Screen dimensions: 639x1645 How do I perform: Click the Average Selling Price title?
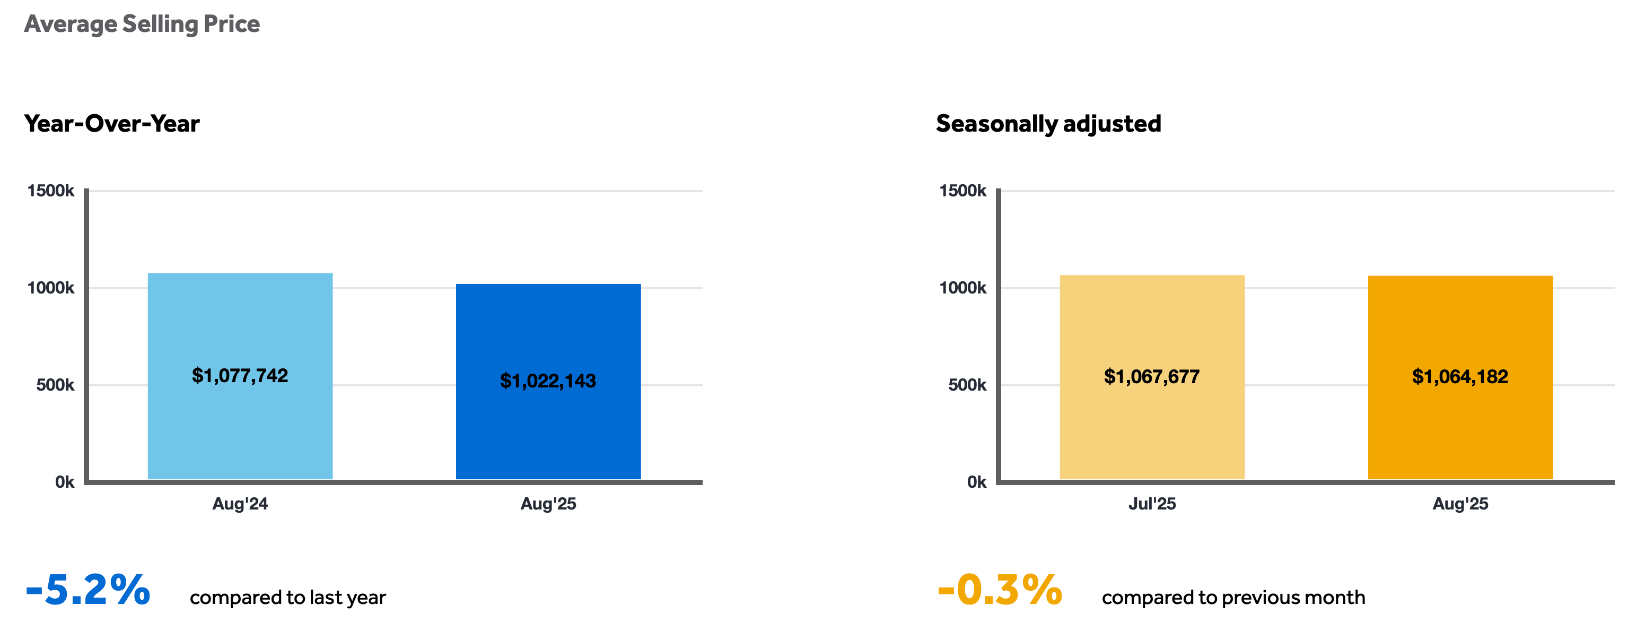coord(142,24)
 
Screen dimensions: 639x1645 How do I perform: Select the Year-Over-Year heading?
coord(112,123)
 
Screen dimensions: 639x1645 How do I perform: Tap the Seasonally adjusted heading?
coord(1048,123)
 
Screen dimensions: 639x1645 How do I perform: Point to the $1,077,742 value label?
coord(240,376)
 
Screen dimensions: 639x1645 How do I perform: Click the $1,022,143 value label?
coord(548,381)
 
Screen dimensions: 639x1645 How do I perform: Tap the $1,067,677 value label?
coord(1152,377)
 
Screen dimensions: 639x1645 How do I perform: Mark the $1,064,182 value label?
coord(1460,377)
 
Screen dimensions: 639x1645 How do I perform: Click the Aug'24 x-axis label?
coord(240,504)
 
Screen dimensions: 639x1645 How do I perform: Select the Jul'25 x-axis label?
coord(1152,504)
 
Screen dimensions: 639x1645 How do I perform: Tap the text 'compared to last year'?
coord(287,598)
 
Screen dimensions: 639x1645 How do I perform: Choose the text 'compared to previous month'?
coord(1233,598)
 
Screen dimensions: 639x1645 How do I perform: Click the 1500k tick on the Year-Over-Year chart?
coord(50,191)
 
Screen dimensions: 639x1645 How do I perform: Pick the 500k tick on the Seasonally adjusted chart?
coord(967,385)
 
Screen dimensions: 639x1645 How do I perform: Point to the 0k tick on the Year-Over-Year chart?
coord(65,482)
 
